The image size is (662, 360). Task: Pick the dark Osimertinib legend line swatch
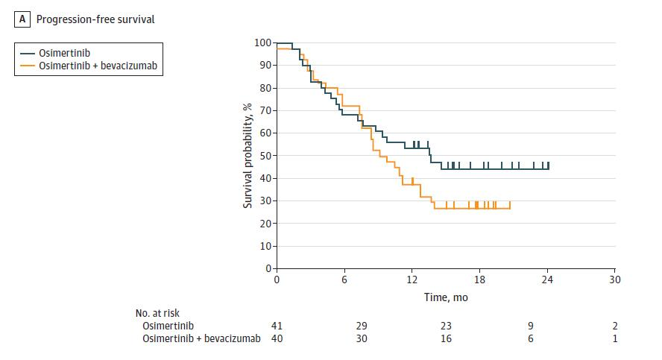[28, 53]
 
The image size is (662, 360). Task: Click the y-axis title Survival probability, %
[248, 155]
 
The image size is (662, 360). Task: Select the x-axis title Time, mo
[446, 297]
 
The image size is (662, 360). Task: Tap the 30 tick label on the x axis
[614, 280]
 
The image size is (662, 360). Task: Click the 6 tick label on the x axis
[344, 280]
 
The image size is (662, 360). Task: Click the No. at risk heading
[157, 314]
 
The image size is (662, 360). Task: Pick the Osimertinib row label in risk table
[167, 326]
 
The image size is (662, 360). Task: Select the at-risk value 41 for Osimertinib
[277, 326]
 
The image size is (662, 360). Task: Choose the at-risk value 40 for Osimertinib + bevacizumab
[277, 338]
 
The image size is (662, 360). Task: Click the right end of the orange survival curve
[510, 208]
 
